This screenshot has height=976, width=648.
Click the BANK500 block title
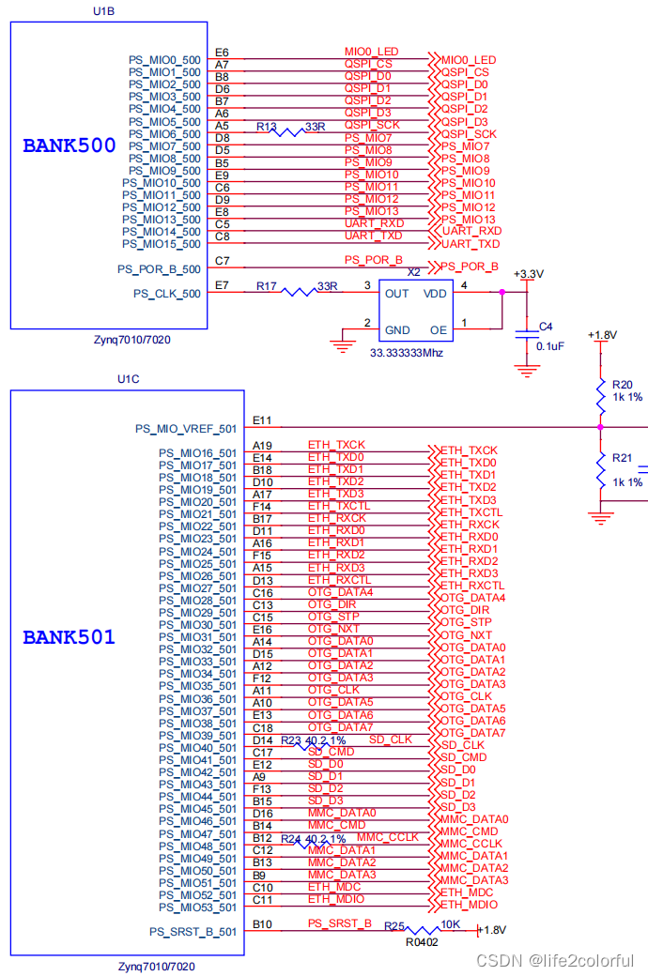click(69, 145)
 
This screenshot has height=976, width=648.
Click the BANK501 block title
click(69, 637)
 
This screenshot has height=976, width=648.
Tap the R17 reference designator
click(267, 285)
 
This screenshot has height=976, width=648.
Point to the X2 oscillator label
click(413, 271)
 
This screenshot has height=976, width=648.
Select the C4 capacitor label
click(545, 327)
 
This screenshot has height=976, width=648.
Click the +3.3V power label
click(529, 273)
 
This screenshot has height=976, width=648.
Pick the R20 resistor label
click(623, 384)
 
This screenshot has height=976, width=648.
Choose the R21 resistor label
click(623, 458)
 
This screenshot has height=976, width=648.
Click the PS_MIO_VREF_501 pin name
click(186, 429)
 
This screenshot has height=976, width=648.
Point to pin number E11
click(262, 420)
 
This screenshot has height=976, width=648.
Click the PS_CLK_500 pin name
click(166, 294)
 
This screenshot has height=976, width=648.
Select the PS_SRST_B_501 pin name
click(193, 932)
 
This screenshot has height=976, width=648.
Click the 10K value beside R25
click(450, 924)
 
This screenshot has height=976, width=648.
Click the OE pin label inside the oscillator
click(439, 329)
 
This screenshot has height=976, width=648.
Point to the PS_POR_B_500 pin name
click(159, 268)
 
